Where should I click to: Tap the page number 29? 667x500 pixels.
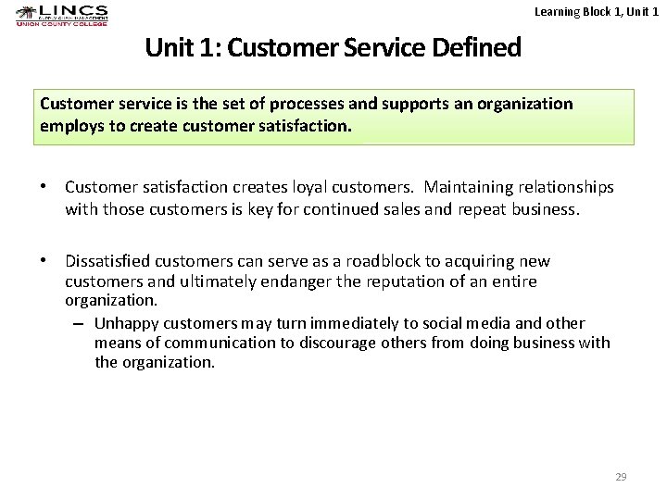point(621,477)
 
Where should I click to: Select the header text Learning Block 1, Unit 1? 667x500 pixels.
point(597,11)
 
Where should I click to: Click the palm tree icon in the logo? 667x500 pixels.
point(26,13)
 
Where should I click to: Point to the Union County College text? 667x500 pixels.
point(62,23)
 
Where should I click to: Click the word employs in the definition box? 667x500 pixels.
point(70,125)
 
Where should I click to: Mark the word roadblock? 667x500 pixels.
point(384,261)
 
